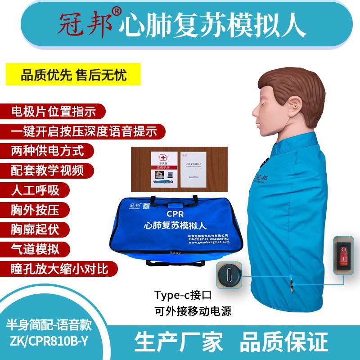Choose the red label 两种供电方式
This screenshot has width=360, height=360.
47,150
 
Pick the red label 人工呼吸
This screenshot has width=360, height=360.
35,189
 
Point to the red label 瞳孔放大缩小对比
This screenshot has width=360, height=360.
59,269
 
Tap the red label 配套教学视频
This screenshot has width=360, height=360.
47,170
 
